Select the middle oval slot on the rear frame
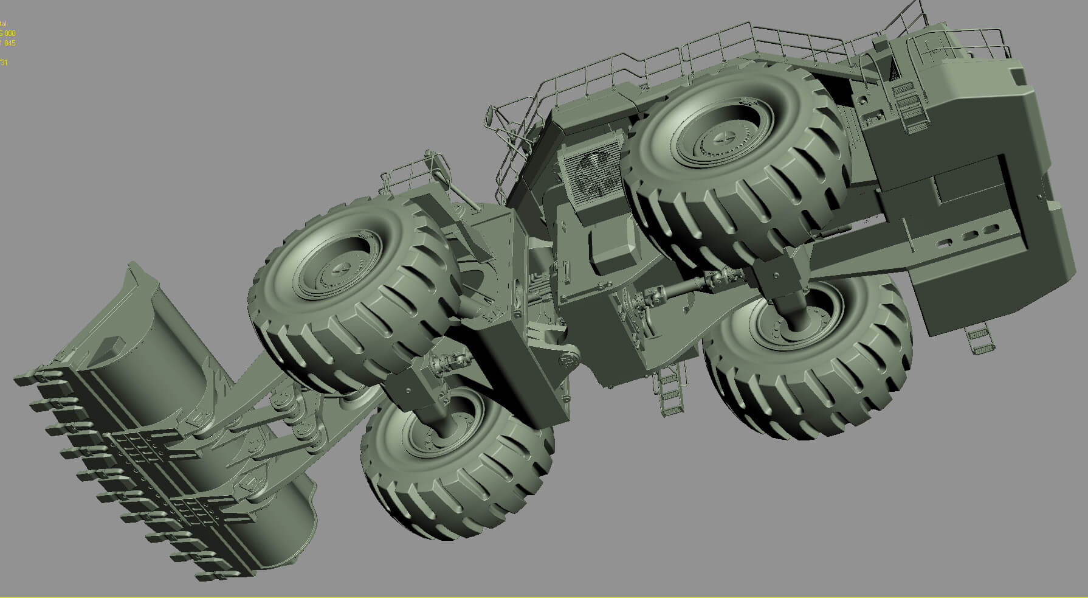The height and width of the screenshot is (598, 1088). tap(970, 236)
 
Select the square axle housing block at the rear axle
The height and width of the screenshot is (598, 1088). tap(779, 277)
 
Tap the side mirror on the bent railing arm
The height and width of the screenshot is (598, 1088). tap(490, 116)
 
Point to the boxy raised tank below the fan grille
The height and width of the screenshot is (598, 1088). tap(614, 243)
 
